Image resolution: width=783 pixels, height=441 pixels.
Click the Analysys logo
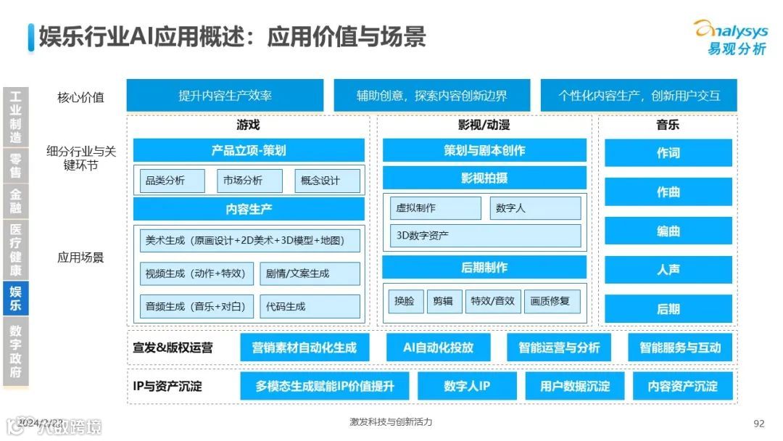[730, 36]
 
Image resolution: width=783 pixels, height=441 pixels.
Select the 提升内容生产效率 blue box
[225, 96]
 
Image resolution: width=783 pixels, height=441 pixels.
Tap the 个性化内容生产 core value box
[639, 96]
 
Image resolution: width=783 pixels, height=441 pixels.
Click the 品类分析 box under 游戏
[173, 181]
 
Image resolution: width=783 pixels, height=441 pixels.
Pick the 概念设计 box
[327, 181]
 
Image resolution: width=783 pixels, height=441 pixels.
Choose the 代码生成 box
[310, 306]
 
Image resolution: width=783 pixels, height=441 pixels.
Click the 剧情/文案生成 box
[310, 273]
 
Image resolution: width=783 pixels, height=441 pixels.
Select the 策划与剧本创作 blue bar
[484, 150]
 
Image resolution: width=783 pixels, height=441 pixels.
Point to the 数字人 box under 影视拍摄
[535, 208]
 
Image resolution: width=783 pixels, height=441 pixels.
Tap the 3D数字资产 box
[485, 235]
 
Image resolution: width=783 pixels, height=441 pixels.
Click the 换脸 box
[405, 300]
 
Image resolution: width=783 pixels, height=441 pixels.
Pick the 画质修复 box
[551, 300]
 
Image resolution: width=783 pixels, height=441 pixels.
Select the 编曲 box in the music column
[668, 231]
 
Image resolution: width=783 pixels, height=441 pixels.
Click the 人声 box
[668, 270]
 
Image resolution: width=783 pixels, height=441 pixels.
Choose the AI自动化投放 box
[439, 347]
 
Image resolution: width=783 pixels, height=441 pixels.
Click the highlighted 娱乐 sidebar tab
[15, 299]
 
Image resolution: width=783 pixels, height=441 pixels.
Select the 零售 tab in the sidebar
[15, 165]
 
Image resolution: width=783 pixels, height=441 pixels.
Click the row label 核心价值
[80, 96]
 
